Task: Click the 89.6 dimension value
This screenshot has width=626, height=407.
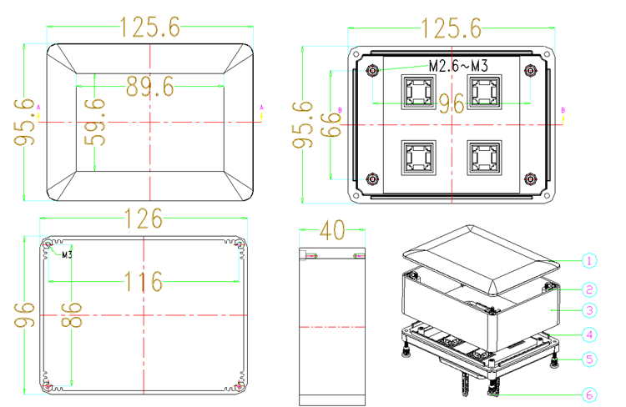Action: pos(150,87)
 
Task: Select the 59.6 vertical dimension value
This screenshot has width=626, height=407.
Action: pos(95,122)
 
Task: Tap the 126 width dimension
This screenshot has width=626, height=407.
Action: pos(144,219)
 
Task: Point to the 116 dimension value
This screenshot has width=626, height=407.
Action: pos(144,281)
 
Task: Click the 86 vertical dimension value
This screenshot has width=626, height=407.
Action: pos(72,314)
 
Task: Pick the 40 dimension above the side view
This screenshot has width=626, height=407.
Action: pos(332,230)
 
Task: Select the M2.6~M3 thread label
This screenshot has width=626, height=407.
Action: pos(458,66)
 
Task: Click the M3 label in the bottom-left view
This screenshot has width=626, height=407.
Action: pos(67,254)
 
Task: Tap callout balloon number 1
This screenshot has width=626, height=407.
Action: pos(589,261)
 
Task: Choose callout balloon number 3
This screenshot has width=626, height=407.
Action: pos(589,310)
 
